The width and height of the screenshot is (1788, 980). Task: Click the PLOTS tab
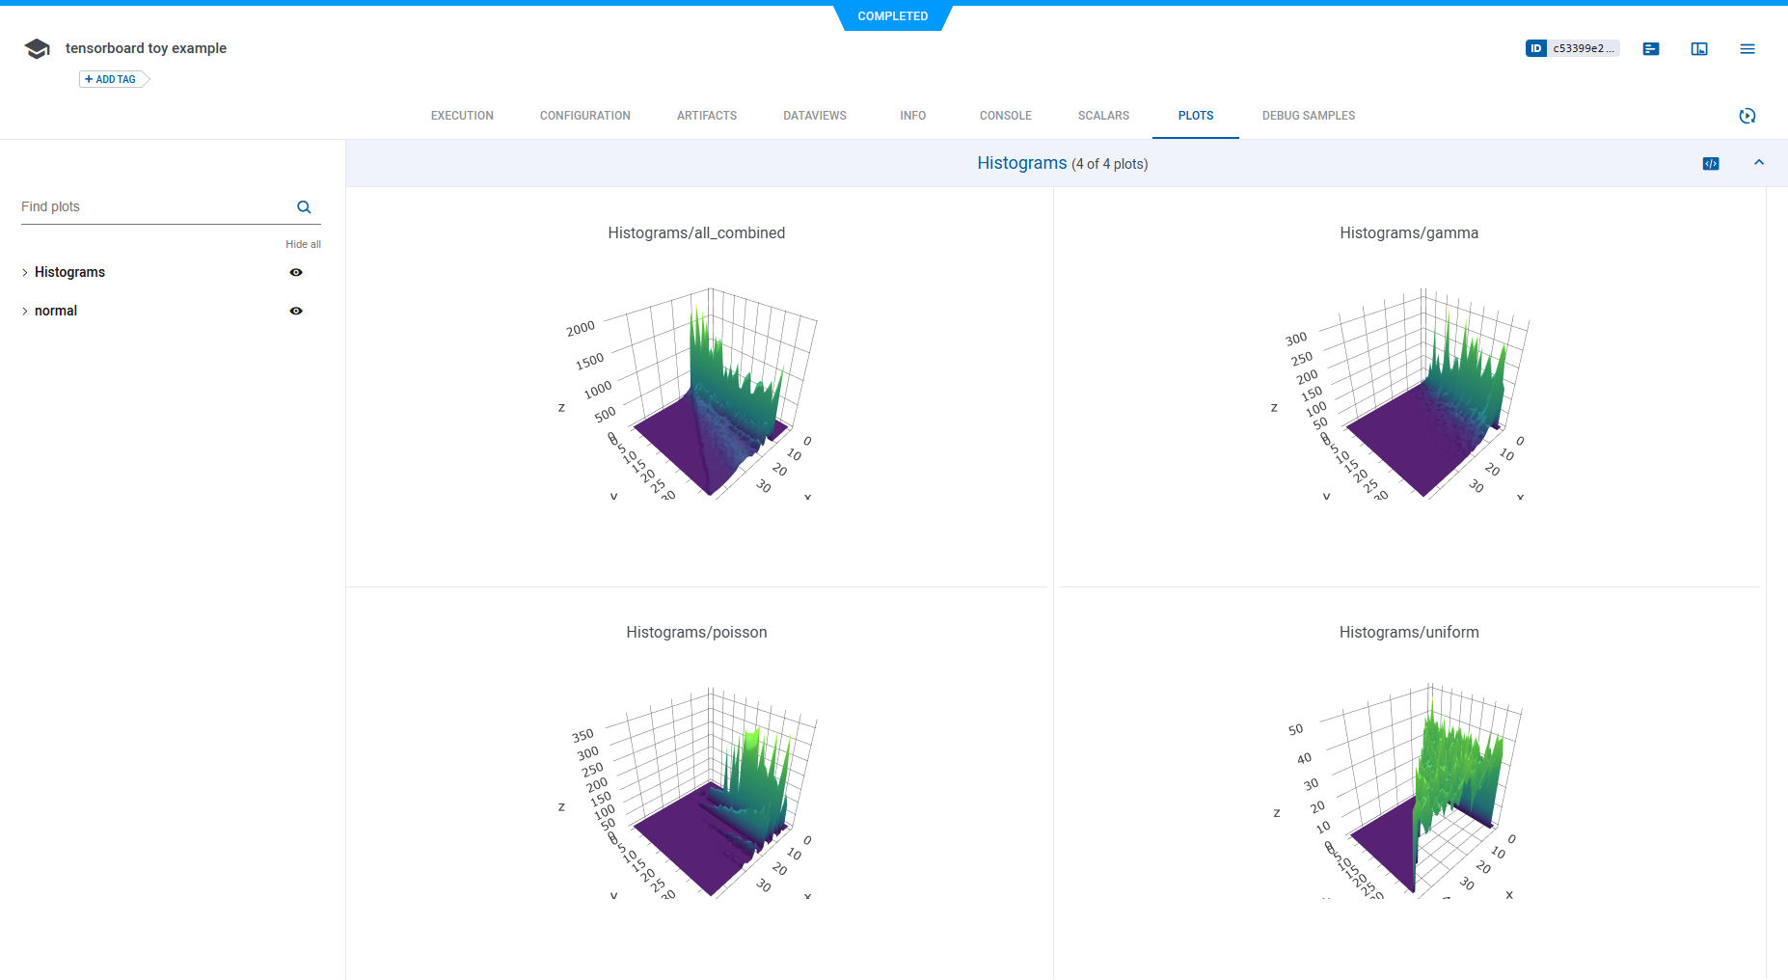(1195, 116)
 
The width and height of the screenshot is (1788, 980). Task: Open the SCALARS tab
(1103, 116)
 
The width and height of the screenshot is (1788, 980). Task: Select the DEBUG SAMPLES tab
(1308, 116)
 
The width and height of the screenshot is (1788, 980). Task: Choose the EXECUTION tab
(462, 116)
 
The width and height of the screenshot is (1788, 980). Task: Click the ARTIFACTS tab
(706, 116)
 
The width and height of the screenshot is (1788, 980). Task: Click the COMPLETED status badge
(892, 16)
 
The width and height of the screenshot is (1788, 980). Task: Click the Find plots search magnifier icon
(304, 207)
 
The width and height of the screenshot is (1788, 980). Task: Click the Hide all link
(303, 244)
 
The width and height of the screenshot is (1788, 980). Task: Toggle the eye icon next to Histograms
(296, 272)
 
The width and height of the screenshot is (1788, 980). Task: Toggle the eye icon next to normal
(296, 311)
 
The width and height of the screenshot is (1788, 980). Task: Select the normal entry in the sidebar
(56, 311)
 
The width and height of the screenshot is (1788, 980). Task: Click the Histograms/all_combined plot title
(696, 232)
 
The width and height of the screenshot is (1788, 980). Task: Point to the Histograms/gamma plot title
(1408, 232)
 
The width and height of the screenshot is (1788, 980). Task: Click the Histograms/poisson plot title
(696, 632)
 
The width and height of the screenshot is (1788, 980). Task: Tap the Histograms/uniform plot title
(1408, 632)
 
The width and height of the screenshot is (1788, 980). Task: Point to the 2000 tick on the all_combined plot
(581, 329)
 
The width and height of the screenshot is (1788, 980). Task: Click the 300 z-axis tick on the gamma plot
(1296, 339)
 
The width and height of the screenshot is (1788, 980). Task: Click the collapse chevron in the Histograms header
(1759, 163)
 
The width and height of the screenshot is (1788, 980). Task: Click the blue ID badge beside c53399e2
(1536, 48)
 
